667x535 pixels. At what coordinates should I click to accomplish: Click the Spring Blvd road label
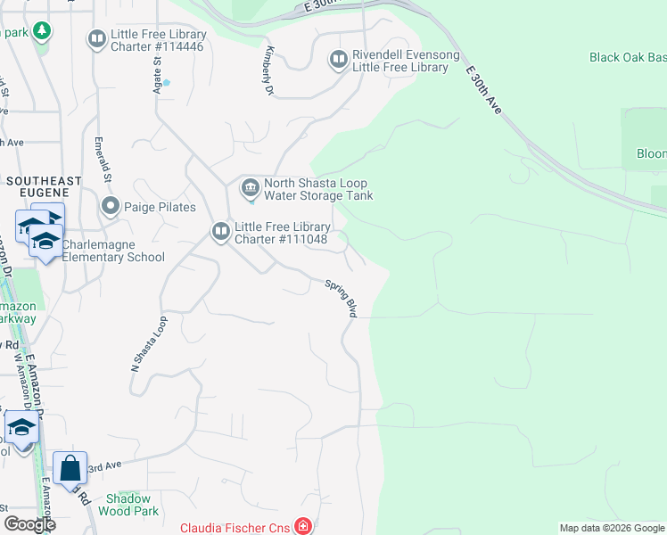(x=342, y=299)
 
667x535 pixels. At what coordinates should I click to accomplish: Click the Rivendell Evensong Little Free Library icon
(x=338, y=60)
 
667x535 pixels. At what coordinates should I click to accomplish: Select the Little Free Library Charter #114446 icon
(x=95, y=39)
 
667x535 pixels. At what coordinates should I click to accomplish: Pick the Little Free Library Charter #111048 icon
(x=220, y=232)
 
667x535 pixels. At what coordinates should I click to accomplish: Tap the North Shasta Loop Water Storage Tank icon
(x=250, y=188)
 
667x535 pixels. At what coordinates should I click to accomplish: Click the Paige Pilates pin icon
(x=111, y=207)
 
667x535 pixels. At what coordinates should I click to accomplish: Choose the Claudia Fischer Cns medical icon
(x=304, y=527)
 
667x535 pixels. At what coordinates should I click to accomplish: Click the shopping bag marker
(x=70, y=467)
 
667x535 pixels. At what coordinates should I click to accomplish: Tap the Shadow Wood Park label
(x=132, y=505)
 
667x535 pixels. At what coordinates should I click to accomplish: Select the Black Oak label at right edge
(x=628, y=57)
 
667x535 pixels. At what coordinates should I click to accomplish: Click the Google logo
(x=29, y=524)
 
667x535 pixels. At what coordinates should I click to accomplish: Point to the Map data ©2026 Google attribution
(x=612, y=528)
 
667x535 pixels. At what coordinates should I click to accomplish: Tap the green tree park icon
(x=41, y=31)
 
